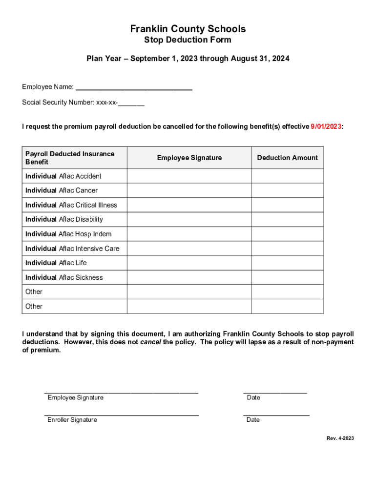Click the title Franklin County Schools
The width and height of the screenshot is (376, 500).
tap(188, 29)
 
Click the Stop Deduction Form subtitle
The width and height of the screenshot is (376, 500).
tap(188, 40)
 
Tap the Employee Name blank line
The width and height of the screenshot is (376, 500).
tap(134, 88)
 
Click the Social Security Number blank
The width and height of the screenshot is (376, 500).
tap(131, 104)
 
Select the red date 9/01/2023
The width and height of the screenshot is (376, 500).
tap(326, 126)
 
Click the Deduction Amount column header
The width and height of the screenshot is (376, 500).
tap(287, 158)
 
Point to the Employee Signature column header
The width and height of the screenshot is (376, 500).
tap(189, 158)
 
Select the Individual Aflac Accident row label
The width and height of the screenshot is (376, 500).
tap(63, 176)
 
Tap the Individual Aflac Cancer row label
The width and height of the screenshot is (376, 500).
tap(62, 190)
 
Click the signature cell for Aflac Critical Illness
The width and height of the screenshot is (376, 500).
tap(189, 205)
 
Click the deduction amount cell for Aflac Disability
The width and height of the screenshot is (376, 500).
tap(287, 219)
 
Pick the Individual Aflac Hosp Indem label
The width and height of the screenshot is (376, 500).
tap(68, 234)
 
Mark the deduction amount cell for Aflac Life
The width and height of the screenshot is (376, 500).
tap(287, 263)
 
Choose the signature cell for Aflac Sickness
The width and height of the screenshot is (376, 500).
tap(189, 277)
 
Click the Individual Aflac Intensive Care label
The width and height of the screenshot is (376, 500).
tap(72, 249)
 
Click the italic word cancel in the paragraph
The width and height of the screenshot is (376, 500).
tap(150, 342)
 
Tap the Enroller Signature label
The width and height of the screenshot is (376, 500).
tap(72, 420)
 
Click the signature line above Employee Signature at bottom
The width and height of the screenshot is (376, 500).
tap(121, 392)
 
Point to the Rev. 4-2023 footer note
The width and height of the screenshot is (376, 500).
tap(340, 438)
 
